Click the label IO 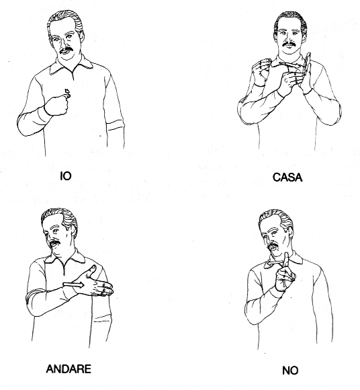tap(66, 176)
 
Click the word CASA tap(287, 178)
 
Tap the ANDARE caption tap(69, 369)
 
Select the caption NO tap(290, 370)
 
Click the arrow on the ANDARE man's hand tap(73, 285)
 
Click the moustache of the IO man tap(66, 50)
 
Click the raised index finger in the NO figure tap(285, 260)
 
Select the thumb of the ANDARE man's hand tap(91, 270)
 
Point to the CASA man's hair tap(291, 21)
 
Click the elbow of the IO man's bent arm tap(24, 127)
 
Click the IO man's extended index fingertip tap(67, 91)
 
